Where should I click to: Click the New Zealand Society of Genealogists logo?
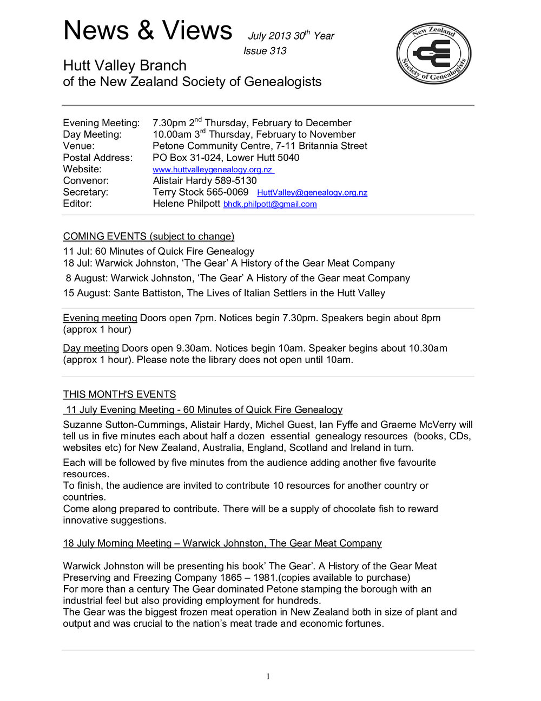(433, 53)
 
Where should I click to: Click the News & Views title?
(148, 30)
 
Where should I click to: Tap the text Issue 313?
(265, 51)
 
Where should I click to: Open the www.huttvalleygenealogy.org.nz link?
(213, 170)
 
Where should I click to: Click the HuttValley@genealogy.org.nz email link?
(312, 193)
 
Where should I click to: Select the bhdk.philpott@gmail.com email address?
(270, 204)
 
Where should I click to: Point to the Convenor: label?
(85, 180)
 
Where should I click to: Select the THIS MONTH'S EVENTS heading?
(119, 394)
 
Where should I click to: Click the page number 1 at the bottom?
(268, 676)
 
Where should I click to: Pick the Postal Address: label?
(97, 158)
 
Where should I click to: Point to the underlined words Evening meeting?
(100, 318)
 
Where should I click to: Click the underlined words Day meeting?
(91, 348)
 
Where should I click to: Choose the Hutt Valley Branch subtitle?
(124, 66)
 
